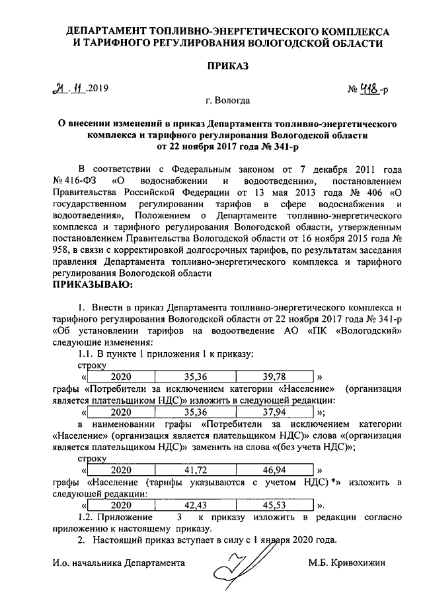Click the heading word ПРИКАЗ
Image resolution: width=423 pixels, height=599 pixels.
[227, 67]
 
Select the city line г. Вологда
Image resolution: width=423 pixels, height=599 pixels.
[227, 102]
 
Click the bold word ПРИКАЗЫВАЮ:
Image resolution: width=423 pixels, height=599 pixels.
[93, 285]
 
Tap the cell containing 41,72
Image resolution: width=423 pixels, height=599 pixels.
[196, 471]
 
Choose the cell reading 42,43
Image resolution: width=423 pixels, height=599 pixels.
[196, 505]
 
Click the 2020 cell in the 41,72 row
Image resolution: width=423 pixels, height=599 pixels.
[120, 471]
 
